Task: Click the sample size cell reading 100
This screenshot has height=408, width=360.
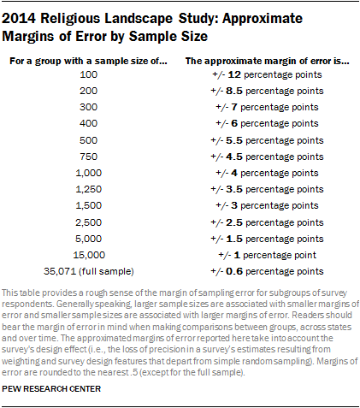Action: click(x=88, y=74)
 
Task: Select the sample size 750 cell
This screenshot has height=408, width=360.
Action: click(x=88, y=157)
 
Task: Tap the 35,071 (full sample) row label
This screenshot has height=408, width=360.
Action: click(x=89, y=271)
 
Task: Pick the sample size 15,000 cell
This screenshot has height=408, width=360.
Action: click(x=89, y=255)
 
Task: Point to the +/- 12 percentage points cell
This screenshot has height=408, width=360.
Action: click(x=267, y=74)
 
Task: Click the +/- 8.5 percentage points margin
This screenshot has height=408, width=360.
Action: click(x=267, y=91)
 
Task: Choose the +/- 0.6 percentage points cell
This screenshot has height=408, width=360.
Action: click(x=267, y=271)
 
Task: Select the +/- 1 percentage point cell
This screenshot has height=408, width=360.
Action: click(x=267, y=255)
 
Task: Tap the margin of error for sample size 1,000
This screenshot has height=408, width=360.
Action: click(x=267, y=173)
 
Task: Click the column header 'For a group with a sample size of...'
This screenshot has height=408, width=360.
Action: click(x=88, y=61)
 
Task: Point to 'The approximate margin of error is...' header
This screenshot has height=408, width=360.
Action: click(x=268, y=61)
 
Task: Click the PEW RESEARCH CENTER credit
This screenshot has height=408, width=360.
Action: click(x=51, y=389)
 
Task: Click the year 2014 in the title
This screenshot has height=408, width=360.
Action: click(x=19, y=19)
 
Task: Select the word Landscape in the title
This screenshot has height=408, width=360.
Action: click(x=139, y=19)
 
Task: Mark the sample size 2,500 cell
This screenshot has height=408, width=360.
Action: click(x=88, y=222)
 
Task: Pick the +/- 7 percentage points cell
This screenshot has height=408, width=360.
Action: click(x=267, y=107)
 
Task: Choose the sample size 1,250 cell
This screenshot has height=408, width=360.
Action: click(x=88, y=189)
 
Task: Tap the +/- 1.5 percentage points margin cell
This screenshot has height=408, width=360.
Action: click(x=267, y=239)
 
